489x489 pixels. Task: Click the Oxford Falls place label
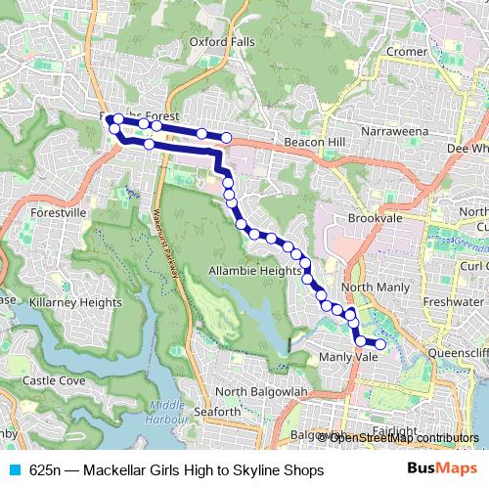point(223,42)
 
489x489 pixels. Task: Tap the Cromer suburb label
point(407,51)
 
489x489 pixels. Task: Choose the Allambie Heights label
point(253,270)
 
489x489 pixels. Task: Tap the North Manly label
point(376,287)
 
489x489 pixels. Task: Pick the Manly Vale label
point(348,358)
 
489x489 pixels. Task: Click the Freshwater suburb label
point(455,303)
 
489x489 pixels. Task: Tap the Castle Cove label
point(53,379)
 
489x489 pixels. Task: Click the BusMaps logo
point(444,470)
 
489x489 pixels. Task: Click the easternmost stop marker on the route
point(380,343)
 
